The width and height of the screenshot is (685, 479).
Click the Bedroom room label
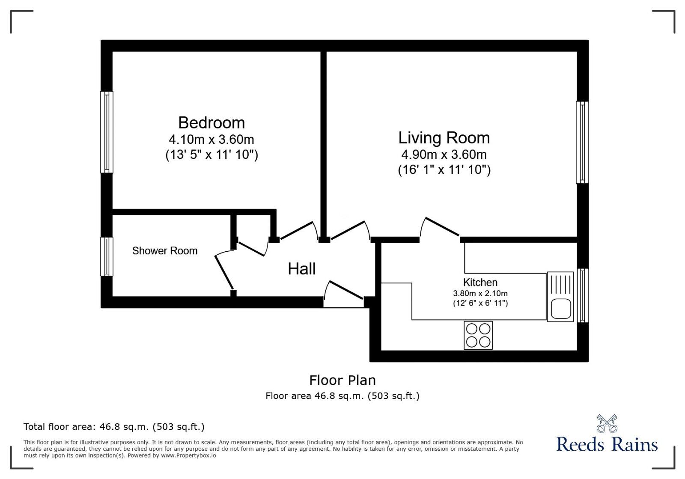[211, 123]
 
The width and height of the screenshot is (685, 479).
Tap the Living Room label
[444, 138]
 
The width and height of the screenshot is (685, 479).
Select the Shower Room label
[165, 251]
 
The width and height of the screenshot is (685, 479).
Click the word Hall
[302, 269]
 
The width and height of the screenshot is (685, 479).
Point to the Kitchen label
[480, 283]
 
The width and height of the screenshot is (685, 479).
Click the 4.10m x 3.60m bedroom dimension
[211, 140]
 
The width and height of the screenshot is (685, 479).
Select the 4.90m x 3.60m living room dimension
[444, 155]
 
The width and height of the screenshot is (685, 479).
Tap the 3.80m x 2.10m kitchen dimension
[480, 294]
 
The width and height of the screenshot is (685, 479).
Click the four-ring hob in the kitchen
[478, 335]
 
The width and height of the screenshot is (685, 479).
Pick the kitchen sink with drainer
[560, 297]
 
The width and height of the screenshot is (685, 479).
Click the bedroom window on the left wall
[107, 132]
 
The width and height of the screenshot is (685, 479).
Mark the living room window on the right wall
[582, 143]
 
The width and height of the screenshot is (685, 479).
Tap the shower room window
[107, 257]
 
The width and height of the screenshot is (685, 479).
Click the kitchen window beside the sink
[583, 295]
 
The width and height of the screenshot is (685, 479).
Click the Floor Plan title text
[342, 380]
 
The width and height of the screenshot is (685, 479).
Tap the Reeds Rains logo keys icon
[607, 423]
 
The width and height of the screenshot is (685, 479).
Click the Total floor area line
[114, 427]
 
